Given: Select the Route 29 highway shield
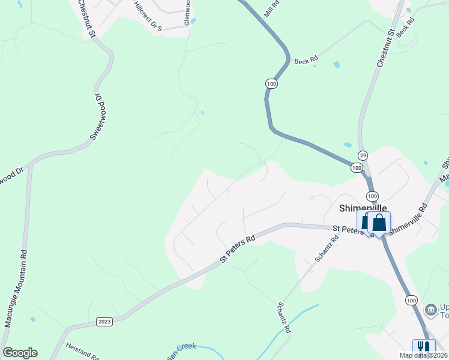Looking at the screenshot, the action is click(363, 155).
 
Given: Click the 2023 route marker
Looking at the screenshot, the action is click(104, 322).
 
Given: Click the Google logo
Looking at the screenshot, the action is click(20, 353).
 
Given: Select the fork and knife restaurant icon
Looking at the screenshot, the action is click(424, 347).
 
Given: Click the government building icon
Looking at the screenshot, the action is click(430, 310).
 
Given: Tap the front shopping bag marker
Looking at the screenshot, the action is click(379, 223).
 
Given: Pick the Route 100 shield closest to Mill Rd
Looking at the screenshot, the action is click(272, 85).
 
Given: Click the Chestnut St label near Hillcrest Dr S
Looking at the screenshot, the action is click(86, 19).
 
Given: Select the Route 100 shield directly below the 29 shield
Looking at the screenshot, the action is click(357, 168).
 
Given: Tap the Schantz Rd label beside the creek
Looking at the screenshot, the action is click(284, 317).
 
